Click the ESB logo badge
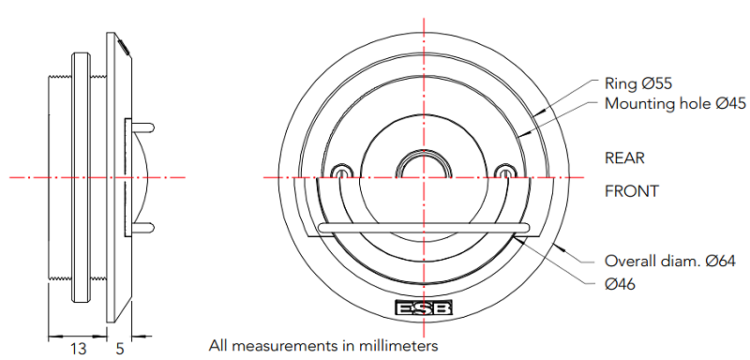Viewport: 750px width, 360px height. pos(424,307)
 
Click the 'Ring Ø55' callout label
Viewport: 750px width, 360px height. pos(638,83)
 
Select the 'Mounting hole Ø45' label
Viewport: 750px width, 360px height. pos(675,103)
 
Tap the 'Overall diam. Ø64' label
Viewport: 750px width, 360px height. pos(669,261)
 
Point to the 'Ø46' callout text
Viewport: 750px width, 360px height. pos(620,284)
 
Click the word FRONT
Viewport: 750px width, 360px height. pos(631,191)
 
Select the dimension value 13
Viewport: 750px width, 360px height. pos(78,349)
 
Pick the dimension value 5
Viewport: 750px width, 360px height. pos(120,349)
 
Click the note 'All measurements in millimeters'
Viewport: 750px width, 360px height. pos(323,345)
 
